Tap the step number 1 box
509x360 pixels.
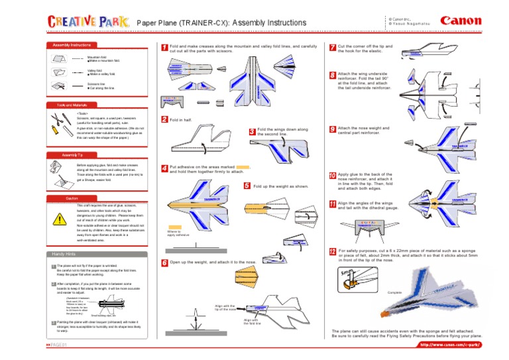pos(164,48)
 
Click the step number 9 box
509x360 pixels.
pos(332,130)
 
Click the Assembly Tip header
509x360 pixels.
pos(72,154)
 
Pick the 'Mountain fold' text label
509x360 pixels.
pos(97,58)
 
